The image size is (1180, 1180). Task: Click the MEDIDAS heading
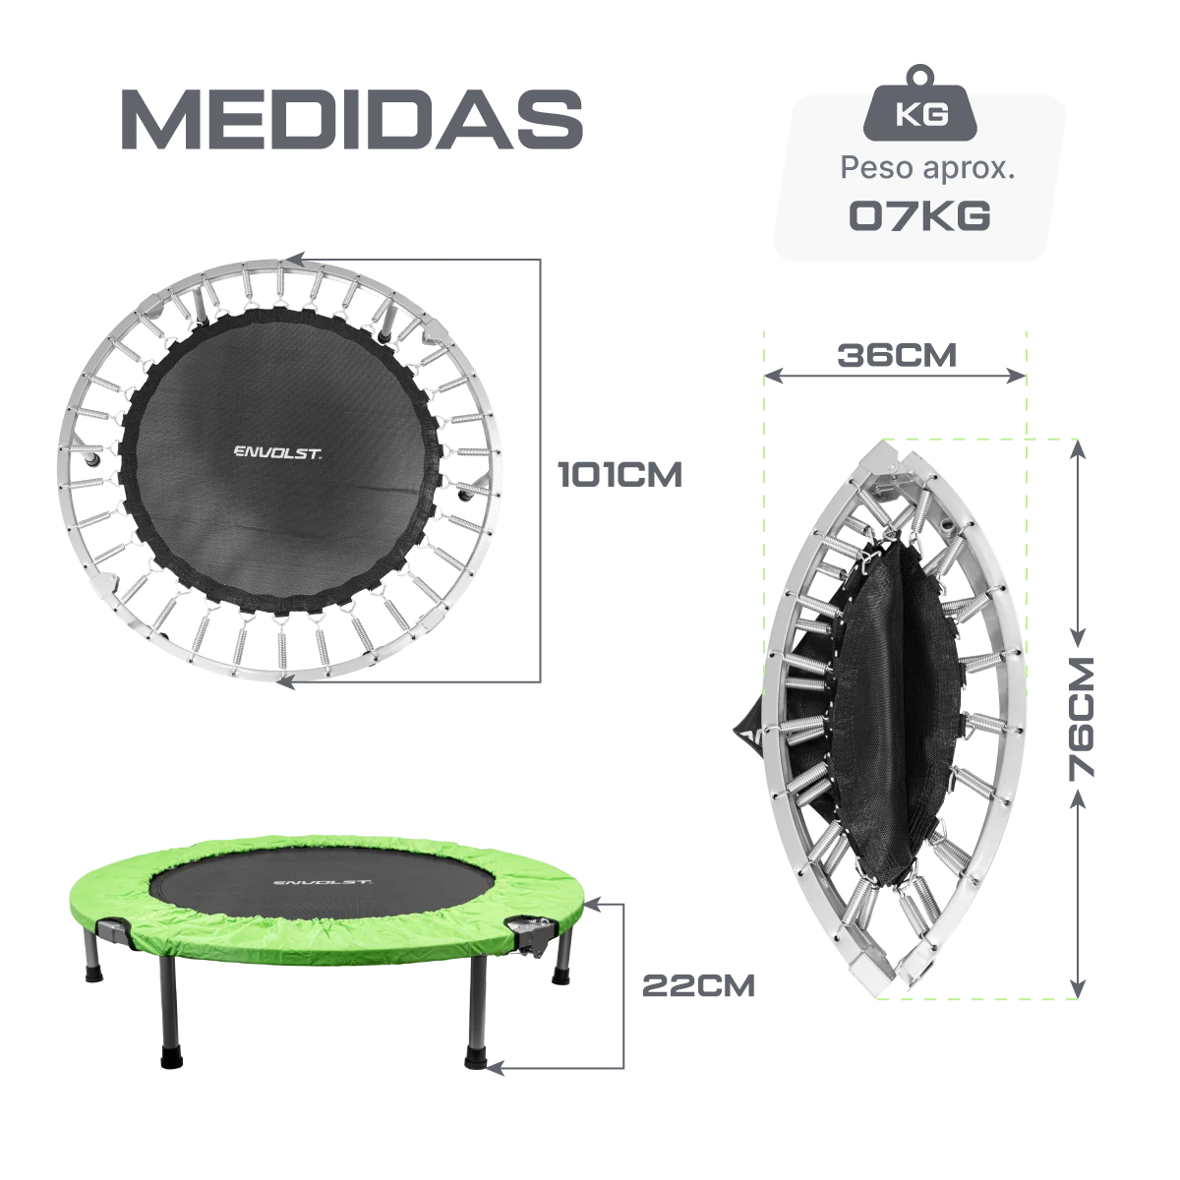click(x=352, y=119)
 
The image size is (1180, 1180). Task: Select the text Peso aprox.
click(x=927, y=168)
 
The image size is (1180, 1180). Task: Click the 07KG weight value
click(x=919, y=215)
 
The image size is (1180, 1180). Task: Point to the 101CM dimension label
click(x=620, y=475)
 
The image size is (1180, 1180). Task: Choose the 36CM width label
click(x=897, y=355)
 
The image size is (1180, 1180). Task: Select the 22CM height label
click(x=698, y=985)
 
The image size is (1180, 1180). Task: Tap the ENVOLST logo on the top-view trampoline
click(x=277, y=452)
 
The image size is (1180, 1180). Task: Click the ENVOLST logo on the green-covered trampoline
click(x=322, y=882)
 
